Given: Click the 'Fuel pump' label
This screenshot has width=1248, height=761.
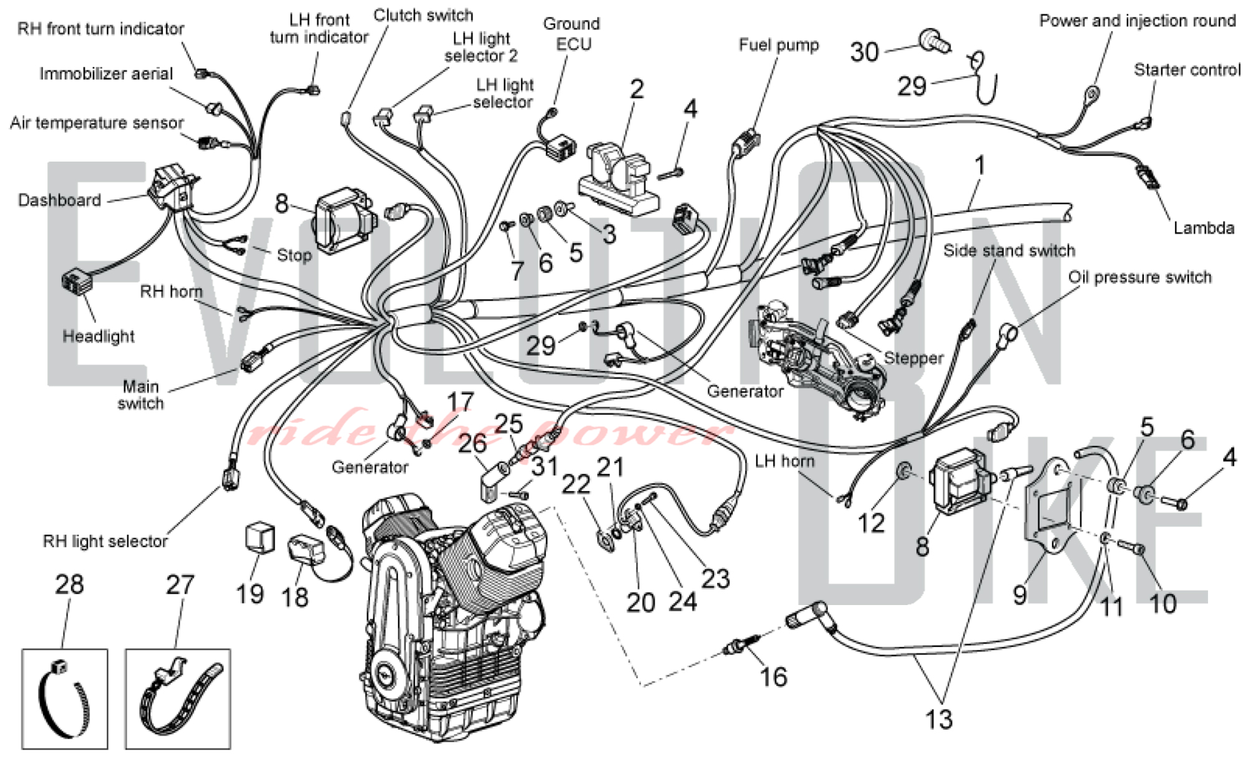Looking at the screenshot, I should point(778,45).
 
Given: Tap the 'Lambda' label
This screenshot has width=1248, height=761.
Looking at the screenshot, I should point(1203,228).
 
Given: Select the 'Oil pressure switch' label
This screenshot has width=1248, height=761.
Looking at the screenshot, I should point(1139,277).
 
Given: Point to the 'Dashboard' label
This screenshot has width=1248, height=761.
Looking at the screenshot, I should point(59,200).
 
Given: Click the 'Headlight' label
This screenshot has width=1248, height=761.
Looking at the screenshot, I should point(99,336).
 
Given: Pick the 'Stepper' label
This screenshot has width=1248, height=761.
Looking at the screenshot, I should point(914,358).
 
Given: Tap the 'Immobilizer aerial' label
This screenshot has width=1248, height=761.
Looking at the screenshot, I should point(106,74).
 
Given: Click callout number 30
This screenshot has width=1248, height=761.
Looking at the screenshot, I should point(864,52).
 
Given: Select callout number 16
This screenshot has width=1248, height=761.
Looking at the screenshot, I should point(773,677).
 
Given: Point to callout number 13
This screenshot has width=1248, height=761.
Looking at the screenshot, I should point(938,719).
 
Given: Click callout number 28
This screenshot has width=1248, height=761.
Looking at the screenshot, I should point(69,584).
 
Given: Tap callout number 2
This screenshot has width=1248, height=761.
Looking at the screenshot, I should point(636,89).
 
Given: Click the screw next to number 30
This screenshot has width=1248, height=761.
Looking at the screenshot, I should point(935,40).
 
